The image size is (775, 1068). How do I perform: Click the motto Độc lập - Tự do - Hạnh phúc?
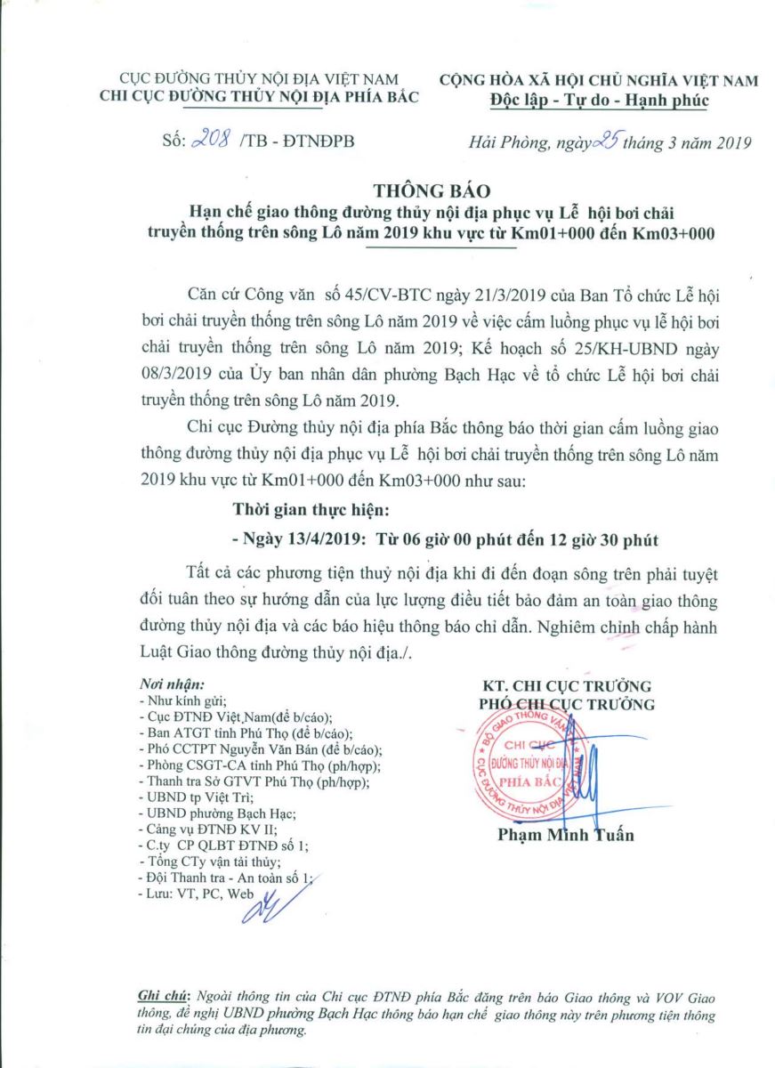600,100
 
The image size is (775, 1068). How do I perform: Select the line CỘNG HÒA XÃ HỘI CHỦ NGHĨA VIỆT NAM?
600,81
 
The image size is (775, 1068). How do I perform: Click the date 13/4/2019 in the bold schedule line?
306,538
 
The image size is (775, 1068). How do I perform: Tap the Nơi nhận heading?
172,685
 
